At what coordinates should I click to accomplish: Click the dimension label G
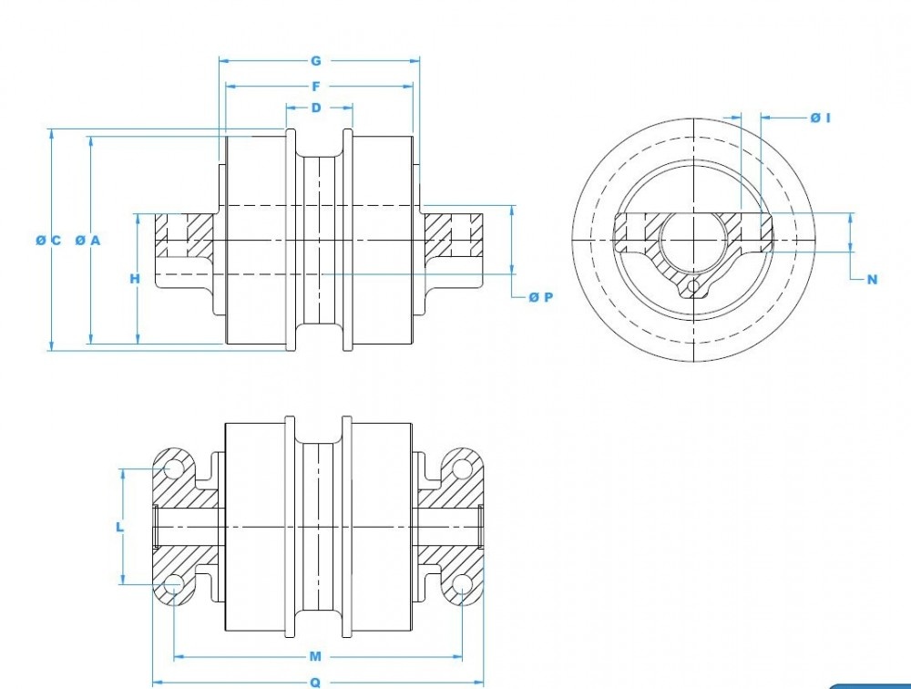[x=316, y=61]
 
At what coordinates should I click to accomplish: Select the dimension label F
[x=316, y=87]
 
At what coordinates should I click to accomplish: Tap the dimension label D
[x=316, y=108]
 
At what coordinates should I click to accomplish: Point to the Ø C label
[x=48, y=241]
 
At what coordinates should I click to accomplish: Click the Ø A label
[x=87, y=241]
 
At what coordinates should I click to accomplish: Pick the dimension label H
[x=135, y=279]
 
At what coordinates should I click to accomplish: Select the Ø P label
[x=540, y=297]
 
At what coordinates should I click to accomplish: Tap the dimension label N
[x=872, y=280]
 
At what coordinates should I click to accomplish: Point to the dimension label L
[x=119, y=527]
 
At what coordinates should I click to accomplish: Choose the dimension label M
[x=315, y=656]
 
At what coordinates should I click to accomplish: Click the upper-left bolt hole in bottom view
[x=173, y=469]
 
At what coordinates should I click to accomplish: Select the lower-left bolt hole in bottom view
[x=173, y=584]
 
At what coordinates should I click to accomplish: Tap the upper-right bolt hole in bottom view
[x=463, y=469]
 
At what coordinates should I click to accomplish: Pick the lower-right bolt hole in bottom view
[x=463, y=584]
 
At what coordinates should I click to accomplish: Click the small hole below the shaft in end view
[x=695, y=288]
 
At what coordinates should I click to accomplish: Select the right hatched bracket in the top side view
[x=455, y=235]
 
